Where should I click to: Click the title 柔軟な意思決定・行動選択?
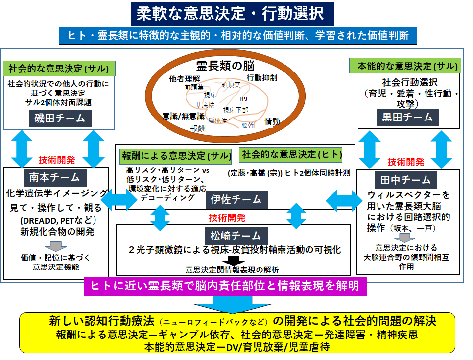point(233,13)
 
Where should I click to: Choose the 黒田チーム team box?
point(407,117)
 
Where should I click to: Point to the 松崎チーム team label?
point(233,235)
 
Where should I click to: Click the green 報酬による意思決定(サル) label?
point(176,156)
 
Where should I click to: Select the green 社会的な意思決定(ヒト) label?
point(291,155)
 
